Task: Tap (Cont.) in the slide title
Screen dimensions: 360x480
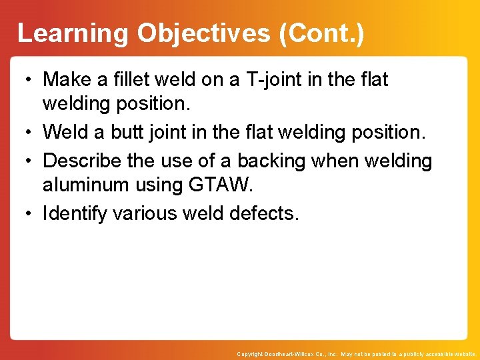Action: [322, 33]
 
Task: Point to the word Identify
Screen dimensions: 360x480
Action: [75, 213]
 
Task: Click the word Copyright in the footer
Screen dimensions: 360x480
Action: [251, 354]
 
